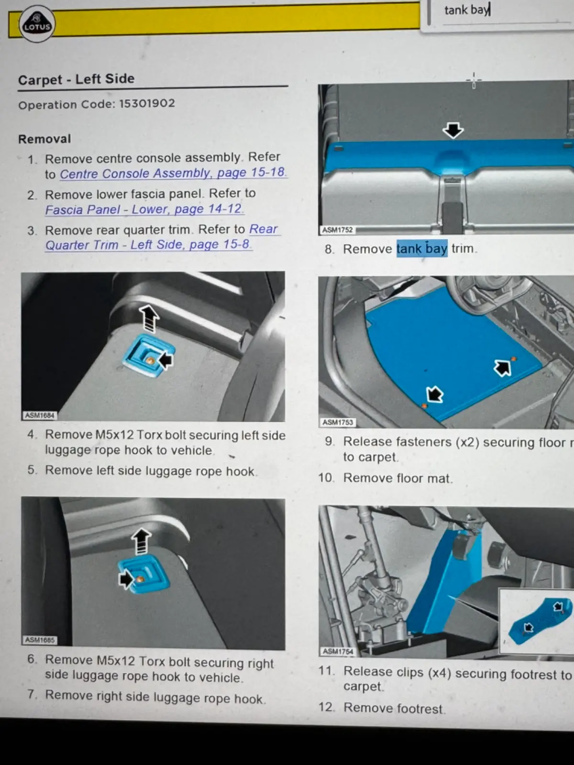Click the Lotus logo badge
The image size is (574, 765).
point(37,24)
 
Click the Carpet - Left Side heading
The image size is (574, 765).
point(77,79)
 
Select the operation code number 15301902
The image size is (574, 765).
point(147,103)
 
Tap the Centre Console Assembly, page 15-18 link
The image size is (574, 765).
point(173,173)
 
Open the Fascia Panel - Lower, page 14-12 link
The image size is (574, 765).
point(144,209)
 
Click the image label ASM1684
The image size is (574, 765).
point(40,415)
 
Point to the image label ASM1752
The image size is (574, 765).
point(337,230)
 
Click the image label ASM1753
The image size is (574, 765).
point(338,422)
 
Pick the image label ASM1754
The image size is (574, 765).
point(338,651)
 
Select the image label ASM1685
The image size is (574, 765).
point(40,640)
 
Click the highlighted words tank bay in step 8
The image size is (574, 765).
point(422,249)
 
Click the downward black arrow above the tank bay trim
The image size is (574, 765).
point(453,131)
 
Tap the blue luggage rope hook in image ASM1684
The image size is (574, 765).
point(149,356)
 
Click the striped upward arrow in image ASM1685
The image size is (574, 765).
point(142,541)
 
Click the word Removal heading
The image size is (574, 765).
point(44,139)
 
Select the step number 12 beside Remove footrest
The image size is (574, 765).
point(327,707)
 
